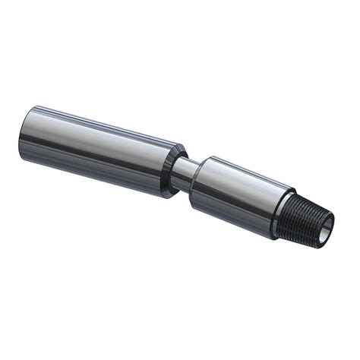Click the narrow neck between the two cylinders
click(184, 173)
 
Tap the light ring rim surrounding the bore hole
click(331, 219)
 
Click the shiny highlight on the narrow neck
click(185, 166)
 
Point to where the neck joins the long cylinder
click(178, 171)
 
